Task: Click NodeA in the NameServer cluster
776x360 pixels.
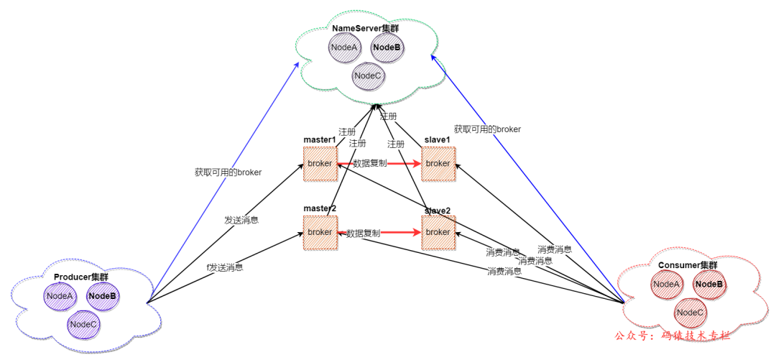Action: pos(344,47)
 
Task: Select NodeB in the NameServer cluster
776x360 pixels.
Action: pos(387,47)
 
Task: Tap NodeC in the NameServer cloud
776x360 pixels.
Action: pos(367,75)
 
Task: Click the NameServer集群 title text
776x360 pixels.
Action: pos(365,28)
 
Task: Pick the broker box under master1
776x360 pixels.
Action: pos(320,164)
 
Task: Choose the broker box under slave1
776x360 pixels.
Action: pos(438,164)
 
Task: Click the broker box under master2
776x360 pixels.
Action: pos(320,232)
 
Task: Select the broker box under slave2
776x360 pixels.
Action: pos(438,232)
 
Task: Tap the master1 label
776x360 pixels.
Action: pos(320,139)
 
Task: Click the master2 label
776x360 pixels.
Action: pos(320,208)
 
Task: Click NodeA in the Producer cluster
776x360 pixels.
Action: pos(60,295)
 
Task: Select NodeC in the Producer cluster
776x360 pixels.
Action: pos(83,324)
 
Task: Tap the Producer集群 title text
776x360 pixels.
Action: pos(80,277)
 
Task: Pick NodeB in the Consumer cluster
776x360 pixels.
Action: pos(709,285)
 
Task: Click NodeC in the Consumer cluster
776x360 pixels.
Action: pos(690,312)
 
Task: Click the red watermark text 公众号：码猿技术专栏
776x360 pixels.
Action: pos(673,336)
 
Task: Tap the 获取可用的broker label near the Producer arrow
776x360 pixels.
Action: pos(228,172)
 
